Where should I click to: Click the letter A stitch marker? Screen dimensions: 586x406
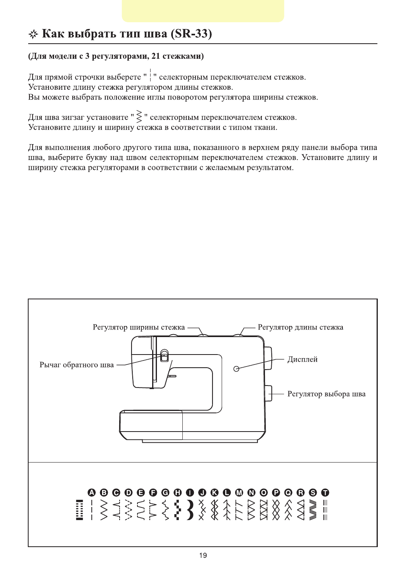tap(92, 493)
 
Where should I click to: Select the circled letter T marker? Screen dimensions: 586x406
tap(325, 493)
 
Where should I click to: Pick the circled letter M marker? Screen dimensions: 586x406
tap(239, 493)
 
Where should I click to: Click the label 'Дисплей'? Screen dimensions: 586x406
tap(302, 360)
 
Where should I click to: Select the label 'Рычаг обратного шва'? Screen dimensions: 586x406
tap(77, 365)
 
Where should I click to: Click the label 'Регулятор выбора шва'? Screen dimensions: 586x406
tap(326, 394)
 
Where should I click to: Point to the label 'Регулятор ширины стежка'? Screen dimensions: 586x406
tap(139, 328)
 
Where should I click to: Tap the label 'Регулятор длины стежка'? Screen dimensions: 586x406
tap(300, 328)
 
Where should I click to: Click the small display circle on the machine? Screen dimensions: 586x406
tap(236, 369)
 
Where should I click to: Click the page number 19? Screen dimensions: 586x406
tap(203, 555)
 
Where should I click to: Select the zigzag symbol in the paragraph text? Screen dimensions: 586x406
tap(139, 116)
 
